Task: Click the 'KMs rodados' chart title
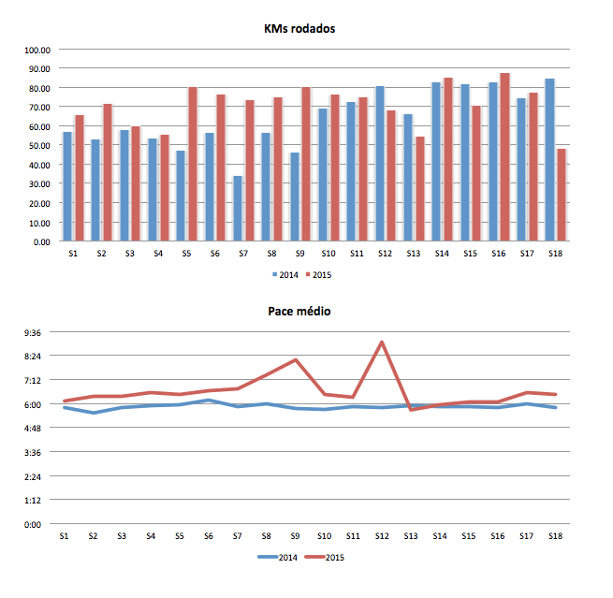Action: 299,29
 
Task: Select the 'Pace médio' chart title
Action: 299,312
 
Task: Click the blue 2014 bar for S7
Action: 238,208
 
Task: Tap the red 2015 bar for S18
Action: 561,195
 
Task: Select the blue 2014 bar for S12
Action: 379,164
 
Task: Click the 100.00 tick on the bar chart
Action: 36,50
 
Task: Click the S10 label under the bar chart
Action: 328,254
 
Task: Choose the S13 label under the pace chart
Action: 410,536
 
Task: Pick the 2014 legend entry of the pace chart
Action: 281,557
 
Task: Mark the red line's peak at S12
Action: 382,343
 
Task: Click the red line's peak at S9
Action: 295,359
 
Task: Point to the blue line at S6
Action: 209,401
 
